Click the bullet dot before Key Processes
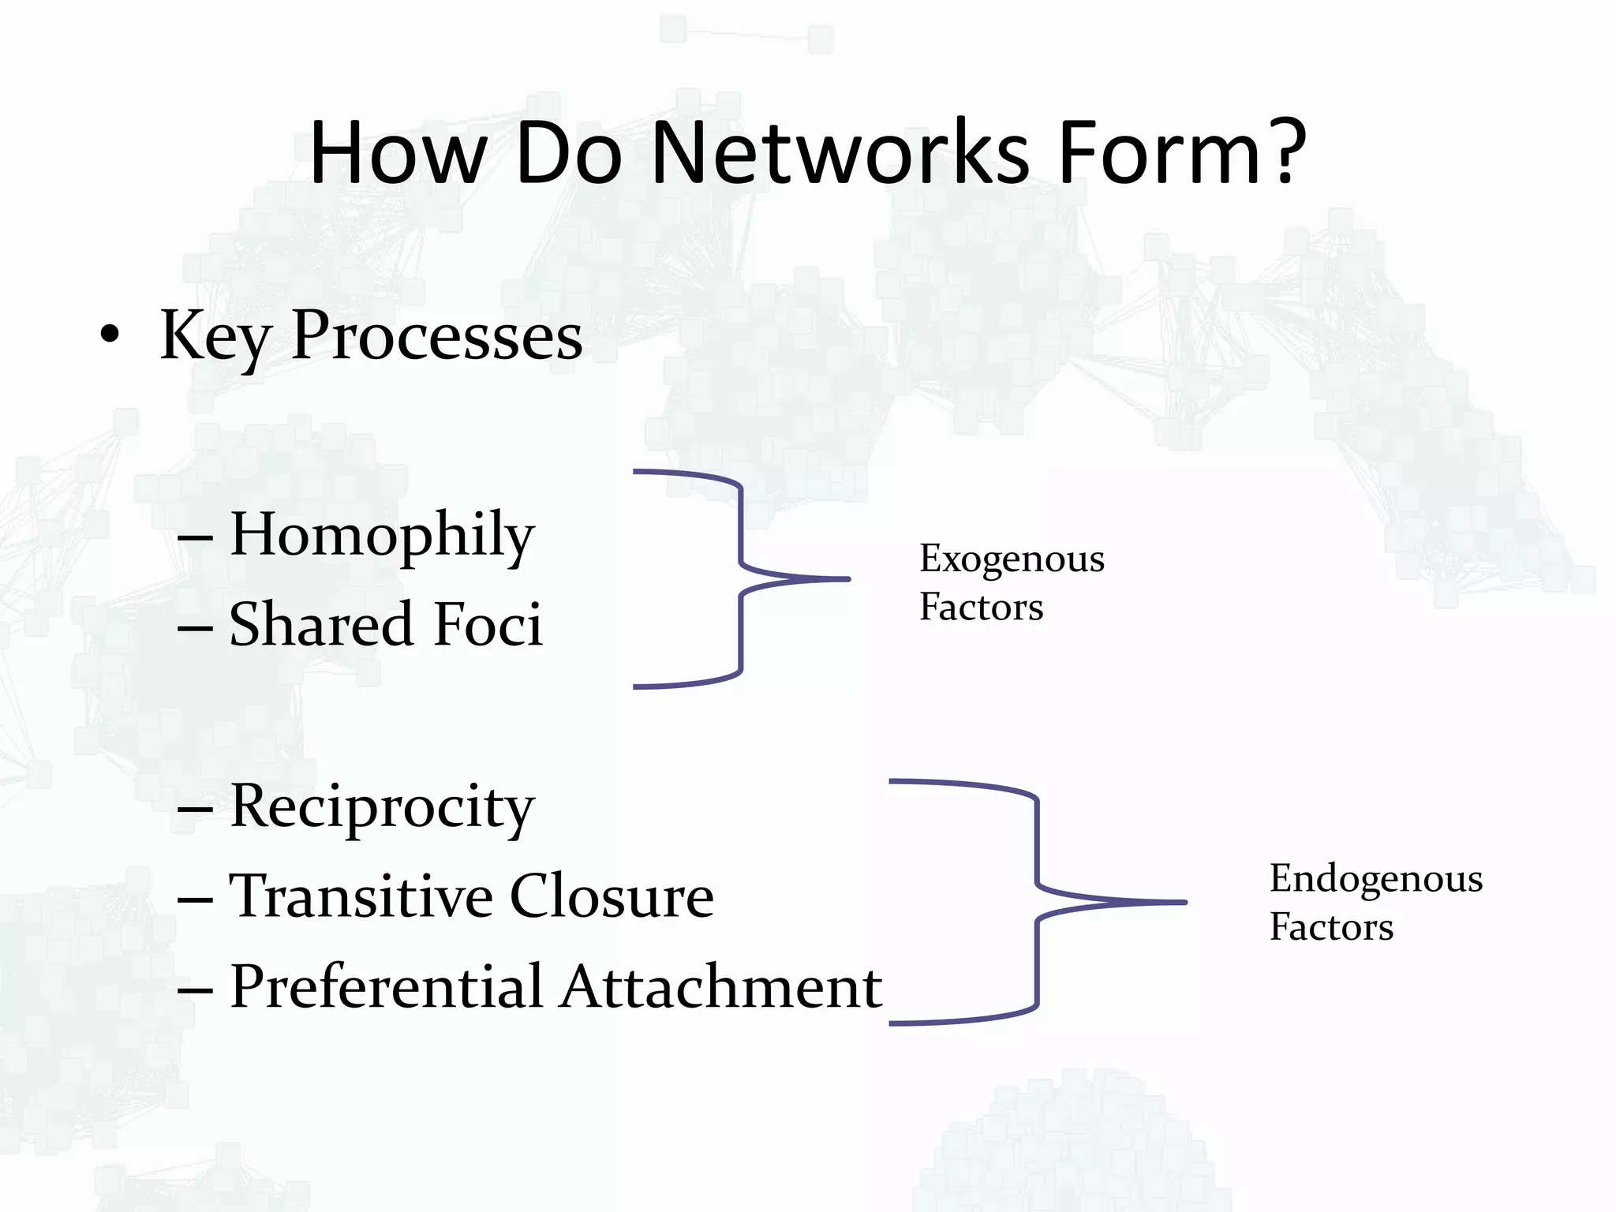110,335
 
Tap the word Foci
488,625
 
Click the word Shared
321,625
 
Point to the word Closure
612,897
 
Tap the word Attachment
721,988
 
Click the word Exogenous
1012,559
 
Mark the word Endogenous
1375,879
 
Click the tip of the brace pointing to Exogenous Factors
847,579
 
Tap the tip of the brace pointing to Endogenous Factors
1184,902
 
